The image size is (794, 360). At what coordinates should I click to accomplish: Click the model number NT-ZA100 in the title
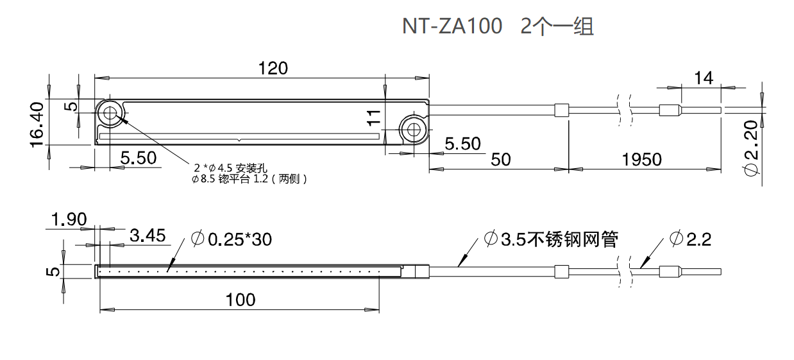tap(452, 26)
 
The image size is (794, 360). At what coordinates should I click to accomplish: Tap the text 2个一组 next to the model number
tap(557, 26)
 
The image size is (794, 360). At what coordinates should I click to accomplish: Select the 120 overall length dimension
tap(273, 67)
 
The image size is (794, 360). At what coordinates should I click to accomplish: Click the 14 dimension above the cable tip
tap(704, 78)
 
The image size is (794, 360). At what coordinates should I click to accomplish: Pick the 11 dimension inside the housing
tap(375, 117)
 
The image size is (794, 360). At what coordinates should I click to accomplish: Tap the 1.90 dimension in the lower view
tap(69, 220)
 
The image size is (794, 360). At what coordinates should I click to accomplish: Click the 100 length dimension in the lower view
tap(241, 299)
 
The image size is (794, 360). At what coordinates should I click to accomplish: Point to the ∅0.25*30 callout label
tap(232, 239)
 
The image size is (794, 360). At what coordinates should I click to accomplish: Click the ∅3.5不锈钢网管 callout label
tap(551, 239)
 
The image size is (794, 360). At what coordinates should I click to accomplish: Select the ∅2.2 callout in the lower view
tap(690, 239)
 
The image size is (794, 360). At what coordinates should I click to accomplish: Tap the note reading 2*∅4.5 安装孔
tap(224, 167)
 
